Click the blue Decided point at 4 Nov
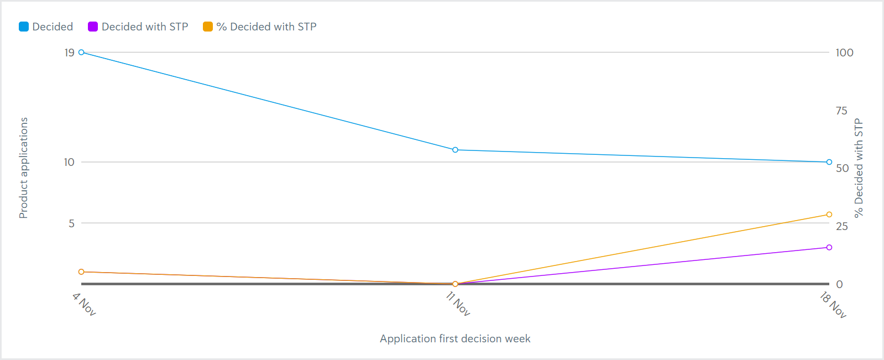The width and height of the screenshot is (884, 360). (81, 53)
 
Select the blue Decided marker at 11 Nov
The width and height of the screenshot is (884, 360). (455, 150)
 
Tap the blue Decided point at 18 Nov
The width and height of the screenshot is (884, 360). (829, 162)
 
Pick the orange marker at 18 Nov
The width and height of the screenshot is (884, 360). (829, 215)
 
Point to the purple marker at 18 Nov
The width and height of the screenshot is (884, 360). (829, 247)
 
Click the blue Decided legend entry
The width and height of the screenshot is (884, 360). (46, 27)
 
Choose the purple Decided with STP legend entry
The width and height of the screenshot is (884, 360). (138, 27)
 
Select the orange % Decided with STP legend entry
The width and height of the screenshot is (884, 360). (260, 27)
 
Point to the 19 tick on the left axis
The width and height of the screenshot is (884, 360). (69, 53)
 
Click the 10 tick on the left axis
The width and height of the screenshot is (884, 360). (69, 162)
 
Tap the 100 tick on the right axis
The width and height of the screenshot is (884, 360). (844, 53)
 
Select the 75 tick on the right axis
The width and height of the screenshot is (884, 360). (841, 111)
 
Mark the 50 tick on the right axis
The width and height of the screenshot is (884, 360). (842, 168)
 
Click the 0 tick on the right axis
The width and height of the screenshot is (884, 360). (839, 284)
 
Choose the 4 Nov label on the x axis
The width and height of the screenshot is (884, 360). (84, 304)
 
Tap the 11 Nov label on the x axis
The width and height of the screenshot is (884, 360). (458, 304)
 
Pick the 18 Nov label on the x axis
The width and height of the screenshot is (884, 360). (833, 305)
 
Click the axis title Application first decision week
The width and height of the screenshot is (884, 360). (455, 338)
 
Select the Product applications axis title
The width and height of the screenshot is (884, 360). (23, 168)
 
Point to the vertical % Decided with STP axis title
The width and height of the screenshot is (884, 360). (859, 168)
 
